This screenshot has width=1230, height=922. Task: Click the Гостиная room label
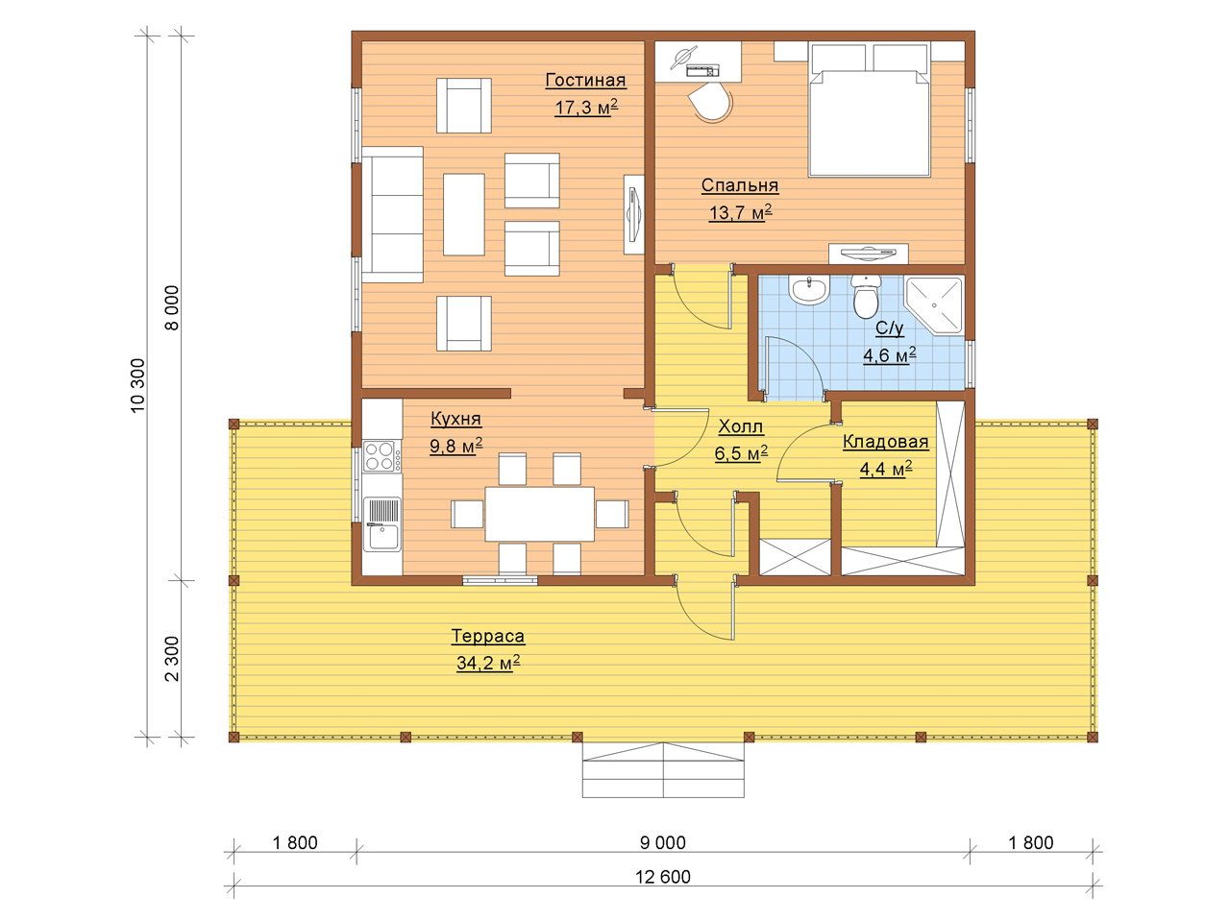(585, 81)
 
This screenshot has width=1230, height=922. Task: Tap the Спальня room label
(740, 186)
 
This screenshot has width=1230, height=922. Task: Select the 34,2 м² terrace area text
(488, 664)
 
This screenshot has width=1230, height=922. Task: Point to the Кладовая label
(885, 442)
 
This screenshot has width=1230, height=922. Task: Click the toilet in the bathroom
(865, 296)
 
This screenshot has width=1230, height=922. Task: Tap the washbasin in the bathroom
(808, 290)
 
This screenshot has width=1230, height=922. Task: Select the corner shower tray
(934, 305)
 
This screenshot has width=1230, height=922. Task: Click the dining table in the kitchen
(539, 514)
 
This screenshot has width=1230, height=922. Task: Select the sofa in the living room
(392, 214)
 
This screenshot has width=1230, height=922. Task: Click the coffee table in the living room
(464, 214)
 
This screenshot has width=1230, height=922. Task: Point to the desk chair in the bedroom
(710, 103)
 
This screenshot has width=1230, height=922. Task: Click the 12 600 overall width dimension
(663, 877)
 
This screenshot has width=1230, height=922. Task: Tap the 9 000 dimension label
(663, 842)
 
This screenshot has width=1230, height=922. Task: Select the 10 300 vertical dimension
(137, 386)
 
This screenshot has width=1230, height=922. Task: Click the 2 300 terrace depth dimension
(172, 658)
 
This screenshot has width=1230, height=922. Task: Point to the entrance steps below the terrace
(663, 770)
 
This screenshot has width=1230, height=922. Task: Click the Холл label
(740, 427)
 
